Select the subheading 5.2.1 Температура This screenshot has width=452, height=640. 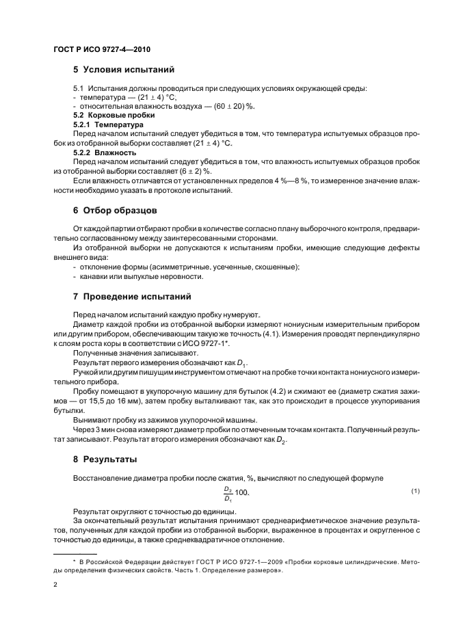click(108, 126)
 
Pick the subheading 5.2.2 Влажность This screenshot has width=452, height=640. click(105, 153)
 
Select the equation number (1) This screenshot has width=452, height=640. click(415, 492)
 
